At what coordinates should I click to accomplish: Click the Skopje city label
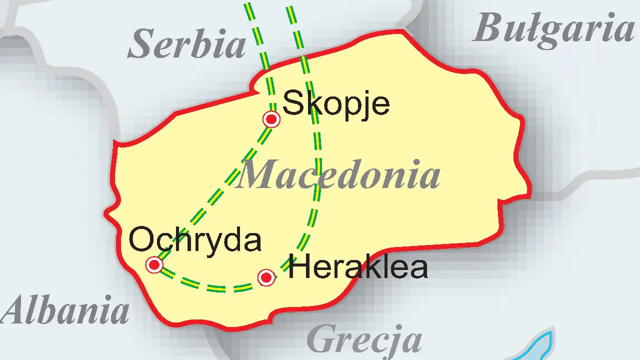click(x=336, y=104)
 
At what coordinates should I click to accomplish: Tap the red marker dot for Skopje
click(x=271, y=119)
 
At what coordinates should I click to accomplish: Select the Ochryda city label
click(x=195, y=240)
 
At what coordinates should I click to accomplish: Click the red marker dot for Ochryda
click(x=154, y=264)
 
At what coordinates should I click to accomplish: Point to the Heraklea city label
click(x=358, y=267)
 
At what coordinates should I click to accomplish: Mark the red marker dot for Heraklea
click(x=266, y=277)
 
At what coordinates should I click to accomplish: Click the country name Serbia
click(x=187, y=44)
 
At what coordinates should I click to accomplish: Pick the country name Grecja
click(x=364, y=339)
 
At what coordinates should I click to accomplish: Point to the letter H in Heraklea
click(x=298, y=267)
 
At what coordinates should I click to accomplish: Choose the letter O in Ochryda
click(x=140, y=240)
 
